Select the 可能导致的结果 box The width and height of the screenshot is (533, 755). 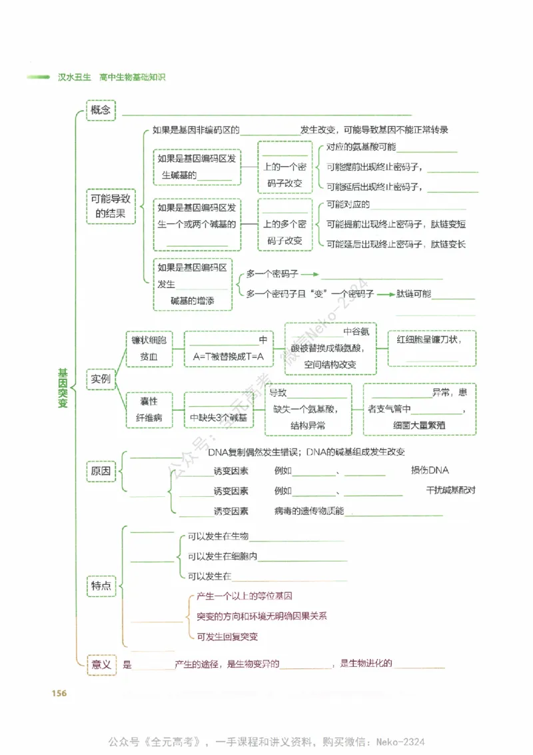[111, 207]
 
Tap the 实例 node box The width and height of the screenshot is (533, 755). [101, 380]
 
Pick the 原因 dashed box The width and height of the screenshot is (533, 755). [101, 472]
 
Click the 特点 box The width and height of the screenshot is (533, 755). [101, 586]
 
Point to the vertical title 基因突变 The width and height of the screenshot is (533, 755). [63, 388]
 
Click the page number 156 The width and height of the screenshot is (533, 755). [59, 693]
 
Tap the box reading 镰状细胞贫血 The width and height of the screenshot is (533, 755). [149, 348]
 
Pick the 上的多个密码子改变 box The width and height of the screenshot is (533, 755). [284, 224]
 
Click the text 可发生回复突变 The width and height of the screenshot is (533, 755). [227, 636]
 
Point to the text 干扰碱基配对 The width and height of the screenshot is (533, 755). [451, 490]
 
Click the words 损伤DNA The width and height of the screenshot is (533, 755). [430, 470]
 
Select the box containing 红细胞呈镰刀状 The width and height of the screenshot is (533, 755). [432, 348]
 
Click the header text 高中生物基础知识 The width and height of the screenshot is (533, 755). [132, 77]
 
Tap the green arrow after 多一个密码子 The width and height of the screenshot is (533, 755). [311, 274]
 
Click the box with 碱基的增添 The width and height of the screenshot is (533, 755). [193, 285]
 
